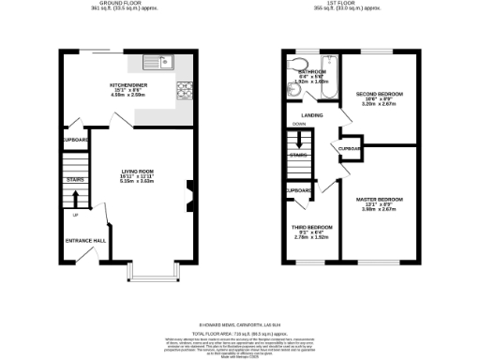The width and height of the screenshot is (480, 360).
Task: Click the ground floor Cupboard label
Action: (x=75, y=140)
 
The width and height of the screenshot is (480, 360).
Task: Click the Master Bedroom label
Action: (x=380, y=202)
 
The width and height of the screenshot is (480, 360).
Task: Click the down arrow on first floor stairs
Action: (x=299, y=141)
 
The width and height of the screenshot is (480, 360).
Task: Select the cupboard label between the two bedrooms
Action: (x=351, y=148)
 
